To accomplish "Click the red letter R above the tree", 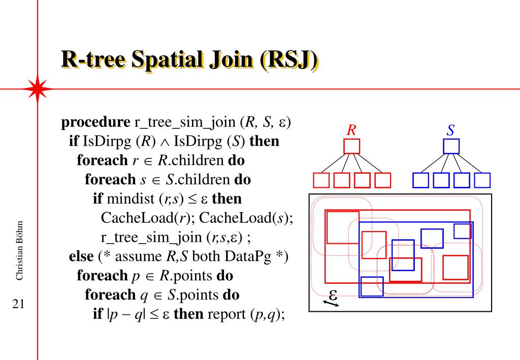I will [351, 130].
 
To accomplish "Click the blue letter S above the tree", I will [450, 130].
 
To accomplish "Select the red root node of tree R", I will [351, 146].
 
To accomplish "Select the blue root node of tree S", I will [451, 146].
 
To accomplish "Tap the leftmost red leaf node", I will [321, 181].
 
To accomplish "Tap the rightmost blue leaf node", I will [482, 181].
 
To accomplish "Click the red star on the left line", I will [38, 89].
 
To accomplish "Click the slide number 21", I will [19, 305].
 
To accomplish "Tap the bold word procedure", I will [95, 122].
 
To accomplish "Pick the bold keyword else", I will [81, 256].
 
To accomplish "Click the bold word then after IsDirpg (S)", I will [265, 141].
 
